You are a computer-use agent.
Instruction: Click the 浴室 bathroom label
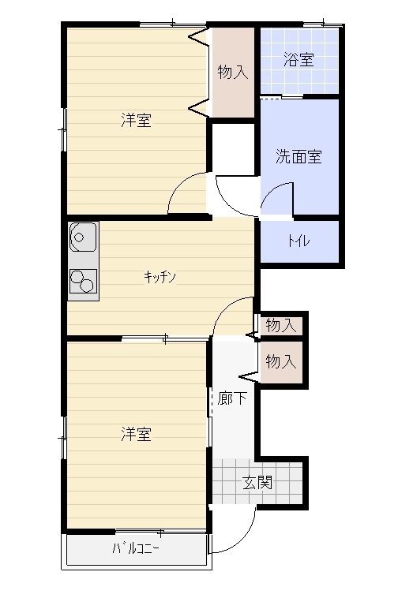point(298,60)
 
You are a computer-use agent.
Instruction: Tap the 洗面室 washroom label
point(298,156)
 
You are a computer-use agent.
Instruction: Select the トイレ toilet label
point(298,241)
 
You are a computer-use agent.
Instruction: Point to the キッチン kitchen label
point(160,276)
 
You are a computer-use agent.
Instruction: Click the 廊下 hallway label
point(232,398)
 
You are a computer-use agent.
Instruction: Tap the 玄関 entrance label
point(257,483)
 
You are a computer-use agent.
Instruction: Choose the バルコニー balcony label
point(136,548)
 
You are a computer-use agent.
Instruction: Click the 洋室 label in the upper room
point(137,120)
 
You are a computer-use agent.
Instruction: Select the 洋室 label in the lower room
point(137,434)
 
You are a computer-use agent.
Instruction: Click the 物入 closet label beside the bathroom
point(233,72)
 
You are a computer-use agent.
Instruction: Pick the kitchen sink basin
point(82,237)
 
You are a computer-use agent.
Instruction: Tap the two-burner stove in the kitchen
point(83,281)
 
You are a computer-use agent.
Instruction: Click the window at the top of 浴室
point(322,25)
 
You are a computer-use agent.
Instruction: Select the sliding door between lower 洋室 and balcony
point(160,531)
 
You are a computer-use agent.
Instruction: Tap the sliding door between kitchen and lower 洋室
point(165,338)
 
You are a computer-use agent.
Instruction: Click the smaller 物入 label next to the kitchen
point(281,326)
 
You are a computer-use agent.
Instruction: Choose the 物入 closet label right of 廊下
point(281,361)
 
